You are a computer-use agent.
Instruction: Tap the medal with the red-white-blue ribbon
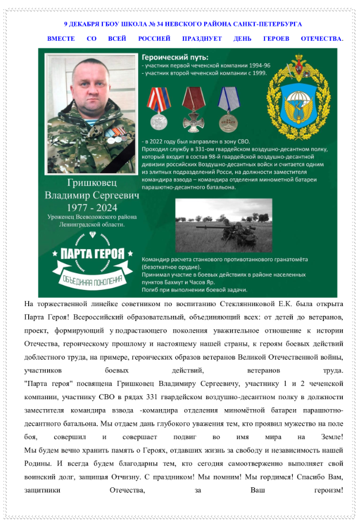(x=158, y=107)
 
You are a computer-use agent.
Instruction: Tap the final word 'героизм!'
(x=327, y=491)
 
